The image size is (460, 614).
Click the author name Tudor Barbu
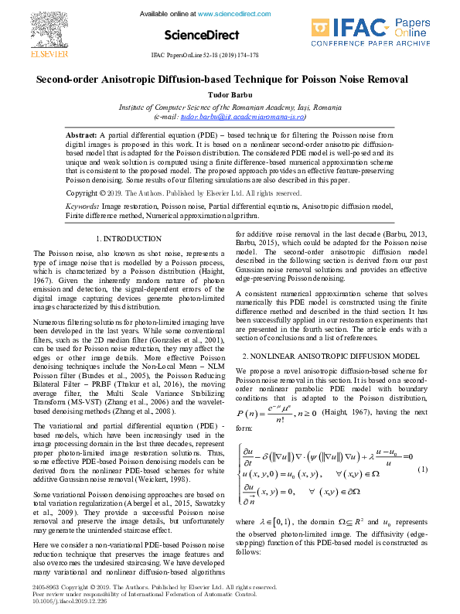tap(230, 94)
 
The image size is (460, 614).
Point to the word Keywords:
tap(82, 207)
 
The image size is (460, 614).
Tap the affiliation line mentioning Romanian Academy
tap(230, 105)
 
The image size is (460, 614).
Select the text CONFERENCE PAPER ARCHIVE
tap(381, 44)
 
